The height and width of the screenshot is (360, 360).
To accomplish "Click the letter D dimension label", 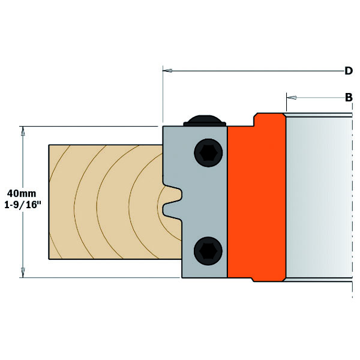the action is pos(349,71).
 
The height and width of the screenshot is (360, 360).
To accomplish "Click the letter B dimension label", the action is pos(349,97).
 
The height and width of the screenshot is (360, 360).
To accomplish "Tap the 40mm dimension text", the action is pos(22,194).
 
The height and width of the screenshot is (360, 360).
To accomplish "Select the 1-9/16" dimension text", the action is pos(23,205).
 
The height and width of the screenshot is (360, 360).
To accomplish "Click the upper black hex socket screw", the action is pos(208,152).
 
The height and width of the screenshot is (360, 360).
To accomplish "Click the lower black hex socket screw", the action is pos(208,251).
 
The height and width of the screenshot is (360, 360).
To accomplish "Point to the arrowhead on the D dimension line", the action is pos(167,70).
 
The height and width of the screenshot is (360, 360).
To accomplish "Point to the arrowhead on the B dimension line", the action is pos(292,98).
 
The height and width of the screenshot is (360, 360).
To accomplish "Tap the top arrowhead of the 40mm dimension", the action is pos(23,131).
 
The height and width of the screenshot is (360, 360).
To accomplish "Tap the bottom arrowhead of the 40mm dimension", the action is pos(23,273).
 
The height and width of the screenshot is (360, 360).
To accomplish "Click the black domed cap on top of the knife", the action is pos(205,121).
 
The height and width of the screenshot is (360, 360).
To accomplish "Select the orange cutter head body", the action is pos(257,197).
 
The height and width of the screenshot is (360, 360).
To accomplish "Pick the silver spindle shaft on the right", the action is pos(319,197).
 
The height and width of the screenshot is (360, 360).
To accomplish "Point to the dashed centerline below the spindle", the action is pos(352,290).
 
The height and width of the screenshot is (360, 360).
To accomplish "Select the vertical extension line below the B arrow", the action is pos(287,102).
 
